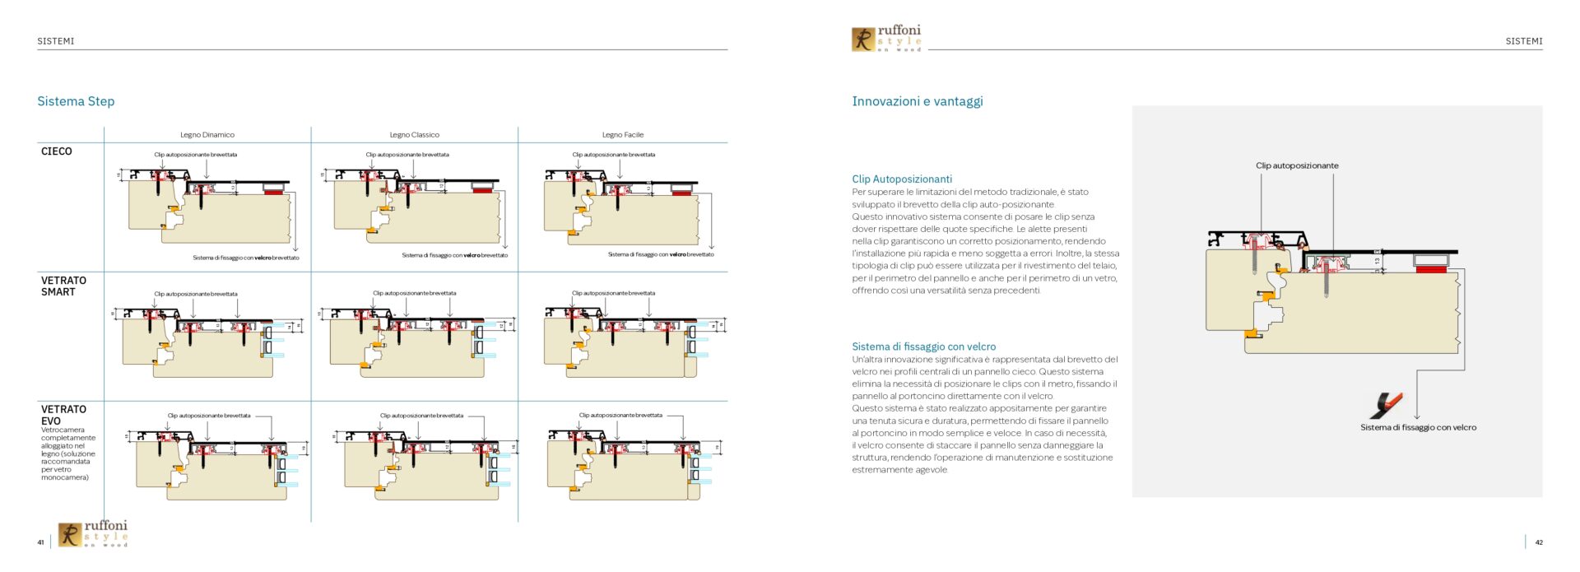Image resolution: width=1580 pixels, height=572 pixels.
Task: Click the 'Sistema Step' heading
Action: [x=76, y=101]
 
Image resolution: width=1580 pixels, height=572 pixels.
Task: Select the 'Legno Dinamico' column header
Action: [x=207, y=135]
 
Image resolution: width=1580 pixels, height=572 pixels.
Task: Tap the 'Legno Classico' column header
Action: [x=414, y=135]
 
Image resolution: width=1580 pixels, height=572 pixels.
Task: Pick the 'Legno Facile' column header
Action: [x=622, y=135]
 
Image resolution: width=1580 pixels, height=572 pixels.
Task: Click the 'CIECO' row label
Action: [x=57, y=151]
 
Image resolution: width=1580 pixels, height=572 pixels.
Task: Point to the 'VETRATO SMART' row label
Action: [x=63, y=286]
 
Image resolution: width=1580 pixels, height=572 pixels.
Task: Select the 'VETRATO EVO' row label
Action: [x=63, y=415]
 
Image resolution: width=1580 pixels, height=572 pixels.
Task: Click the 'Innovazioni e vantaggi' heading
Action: [x=918, y=101]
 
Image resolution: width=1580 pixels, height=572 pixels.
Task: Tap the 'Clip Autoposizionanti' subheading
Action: [x=902, y=179]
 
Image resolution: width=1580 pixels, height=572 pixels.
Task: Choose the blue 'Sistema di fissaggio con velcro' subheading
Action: [x=923, y=346]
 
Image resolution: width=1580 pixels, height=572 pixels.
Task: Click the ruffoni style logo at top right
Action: [x=886, y=39]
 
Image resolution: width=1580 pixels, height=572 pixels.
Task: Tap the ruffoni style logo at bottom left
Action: [x=93, y=533]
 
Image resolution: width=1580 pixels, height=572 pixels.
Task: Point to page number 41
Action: [x=40, y=542]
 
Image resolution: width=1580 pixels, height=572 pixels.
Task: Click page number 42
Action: [x=1539, y=542]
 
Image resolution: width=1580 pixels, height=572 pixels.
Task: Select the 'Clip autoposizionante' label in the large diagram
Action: [x=1297, y=165]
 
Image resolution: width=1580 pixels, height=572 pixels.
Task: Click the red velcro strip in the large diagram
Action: [x=1431, y=269]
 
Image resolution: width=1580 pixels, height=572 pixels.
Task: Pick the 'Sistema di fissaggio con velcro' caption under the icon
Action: [x=1418, y=427]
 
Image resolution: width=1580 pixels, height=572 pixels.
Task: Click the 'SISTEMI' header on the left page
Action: [x=56, y=41]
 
